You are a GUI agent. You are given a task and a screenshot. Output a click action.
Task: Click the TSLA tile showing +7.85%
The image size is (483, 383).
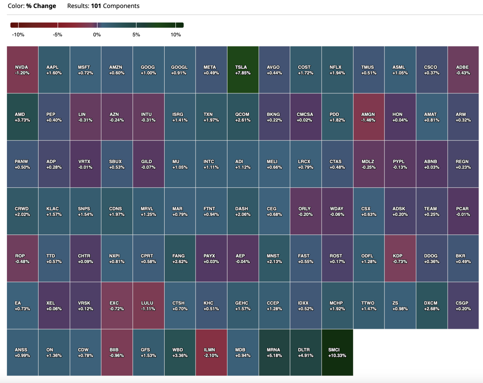pos(243,70)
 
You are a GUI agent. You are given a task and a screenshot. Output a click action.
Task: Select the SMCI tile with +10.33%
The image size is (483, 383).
pos(337,352)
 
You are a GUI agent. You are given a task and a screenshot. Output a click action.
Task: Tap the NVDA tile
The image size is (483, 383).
pos(23,70)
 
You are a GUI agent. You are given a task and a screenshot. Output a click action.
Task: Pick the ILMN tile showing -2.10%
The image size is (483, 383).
pos(211,352)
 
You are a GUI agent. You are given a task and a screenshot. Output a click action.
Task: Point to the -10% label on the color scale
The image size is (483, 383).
pos(18,35)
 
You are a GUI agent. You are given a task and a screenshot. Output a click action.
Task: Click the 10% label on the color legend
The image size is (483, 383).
pos(175,35)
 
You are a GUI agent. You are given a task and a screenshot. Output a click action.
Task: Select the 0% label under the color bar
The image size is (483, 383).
pos(97,35)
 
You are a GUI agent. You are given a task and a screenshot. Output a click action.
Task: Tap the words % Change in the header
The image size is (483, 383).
pos(41,6)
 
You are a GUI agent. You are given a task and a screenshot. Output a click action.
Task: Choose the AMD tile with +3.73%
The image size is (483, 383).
pos(23,117)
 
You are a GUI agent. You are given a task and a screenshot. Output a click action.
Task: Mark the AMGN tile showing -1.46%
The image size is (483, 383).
pos(369,117)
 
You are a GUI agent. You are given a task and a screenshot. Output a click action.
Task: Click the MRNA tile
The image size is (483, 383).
pos(274,352)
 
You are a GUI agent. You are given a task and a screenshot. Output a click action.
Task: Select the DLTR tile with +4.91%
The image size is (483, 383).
pos(306,352)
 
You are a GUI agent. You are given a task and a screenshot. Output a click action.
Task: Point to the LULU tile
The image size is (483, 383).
pos(149,305)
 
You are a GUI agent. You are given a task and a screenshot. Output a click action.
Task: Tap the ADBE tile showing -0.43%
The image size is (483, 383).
pos(463,70)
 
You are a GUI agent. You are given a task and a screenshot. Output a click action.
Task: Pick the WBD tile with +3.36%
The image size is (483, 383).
pos(180,352)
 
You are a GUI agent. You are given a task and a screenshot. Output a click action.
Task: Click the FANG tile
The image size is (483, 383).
pos(180,258)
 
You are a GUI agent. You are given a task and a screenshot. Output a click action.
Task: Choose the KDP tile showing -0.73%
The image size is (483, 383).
pos(400,258)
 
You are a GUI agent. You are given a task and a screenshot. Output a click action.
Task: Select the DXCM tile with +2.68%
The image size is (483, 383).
pos(431,305)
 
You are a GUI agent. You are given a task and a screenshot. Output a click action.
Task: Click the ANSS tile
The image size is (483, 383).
pos(23,352)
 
